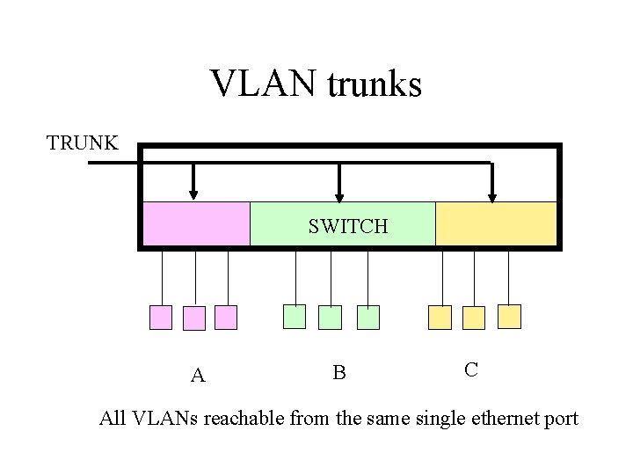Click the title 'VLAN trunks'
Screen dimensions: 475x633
tap(316, 84)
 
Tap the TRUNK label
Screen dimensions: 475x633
tap(83, 142)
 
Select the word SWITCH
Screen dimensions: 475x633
tap(348, 226)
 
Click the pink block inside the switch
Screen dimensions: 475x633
tap(196, 223)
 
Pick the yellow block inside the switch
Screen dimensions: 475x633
tap(496, 223)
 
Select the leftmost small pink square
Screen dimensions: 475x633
tap(161, 318)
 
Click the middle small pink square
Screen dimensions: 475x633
tap(194, 318)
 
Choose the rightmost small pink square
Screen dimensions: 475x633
tap(227, 318)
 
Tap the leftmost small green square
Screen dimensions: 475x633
tap(295, 317)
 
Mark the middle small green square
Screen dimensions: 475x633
tap(331, 318)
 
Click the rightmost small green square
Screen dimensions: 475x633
tap(367, 318)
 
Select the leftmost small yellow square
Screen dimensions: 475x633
tap(440, 317)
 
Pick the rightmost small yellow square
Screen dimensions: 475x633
tap(509, 316)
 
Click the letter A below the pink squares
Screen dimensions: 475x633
tap(199, 376)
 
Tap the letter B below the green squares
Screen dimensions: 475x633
tap(339, 373)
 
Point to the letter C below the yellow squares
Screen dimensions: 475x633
tap(471, 369)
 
